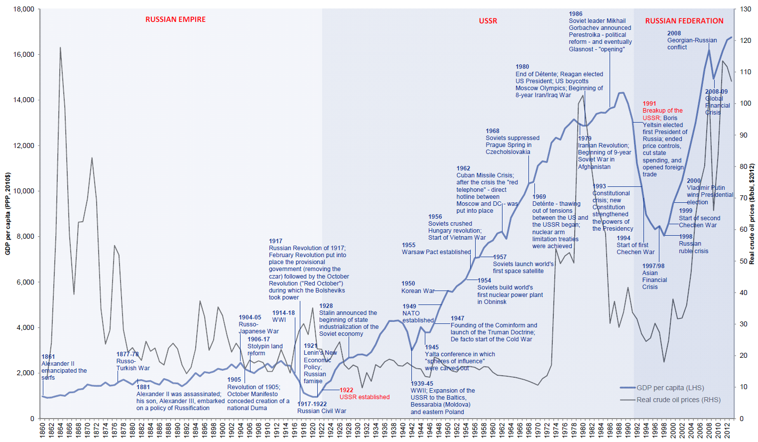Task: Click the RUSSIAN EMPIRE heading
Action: tap(175, 19)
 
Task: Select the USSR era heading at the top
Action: tap(488, 21)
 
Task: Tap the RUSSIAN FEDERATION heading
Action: tap(684, 21)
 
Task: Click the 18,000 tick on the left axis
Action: tap(23, 9)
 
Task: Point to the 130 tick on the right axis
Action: tap(745, 9)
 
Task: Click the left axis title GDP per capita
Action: tap(7, 214)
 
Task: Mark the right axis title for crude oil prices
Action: tap(752, 214)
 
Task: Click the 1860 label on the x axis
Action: tap(42, 431)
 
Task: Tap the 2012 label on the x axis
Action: tap(727, 431)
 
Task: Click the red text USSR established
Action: tap(365, 397)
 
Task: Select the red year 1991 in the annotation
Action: tap(649, 104)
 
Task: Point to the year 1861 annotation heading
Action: tap(48, 357)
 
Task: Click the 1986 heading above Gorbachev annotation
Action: tap(575, 14)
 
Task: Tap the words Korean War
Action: tap(418, 291)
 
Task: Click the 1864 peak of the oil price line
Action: tap(60, 48)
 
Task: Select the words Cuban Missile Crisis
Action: tap(484, 175)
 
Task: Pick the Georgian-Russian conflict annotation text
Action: tap(692, 40)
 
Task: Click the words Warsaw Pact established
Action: tap(436, 252)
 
